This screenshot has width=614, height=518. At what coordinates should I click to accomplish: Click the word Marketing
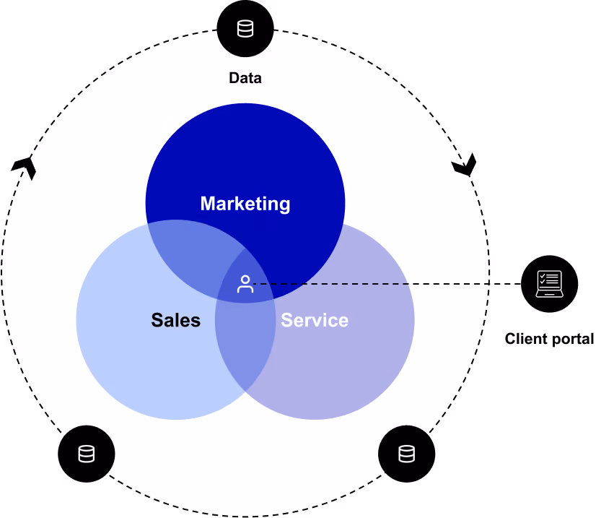(x=245, y=204)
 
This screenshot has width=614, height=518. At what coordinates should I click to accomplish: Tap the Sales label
(x=176, y=320)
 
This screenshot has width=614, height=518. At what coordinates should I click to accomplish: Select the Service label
(x=315, y=320)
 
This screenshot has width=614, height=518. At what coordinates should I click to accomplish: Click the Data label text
(x=245, y=77)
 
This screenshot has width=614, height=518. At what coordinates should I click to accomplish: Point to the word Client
(x=525, y=338)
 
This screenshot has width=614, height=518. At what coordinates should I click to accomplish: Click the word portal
(x=571, y=339)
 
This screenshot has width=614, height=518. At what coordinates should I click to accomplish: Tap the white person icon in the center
(x=245, y=285)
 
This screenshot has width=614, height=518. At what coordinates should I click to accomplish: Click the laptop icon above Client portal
(x=549, y=283)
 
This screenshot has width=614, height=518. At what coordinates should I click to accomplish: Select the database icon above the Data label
(x=245, y=29)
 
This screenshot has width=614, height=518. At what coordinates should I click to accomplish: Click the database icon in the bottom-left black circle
(x=87, y=454)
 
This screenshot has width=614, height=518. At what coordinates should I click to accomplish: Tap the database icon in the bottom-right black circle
(x=406, y=454)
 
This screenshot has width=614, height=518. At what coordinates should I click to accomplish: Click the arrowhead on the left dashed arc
(x=25, y=167)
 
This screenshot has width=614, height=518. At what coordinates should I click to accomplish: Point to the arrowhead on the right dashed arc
(x=465, y=165)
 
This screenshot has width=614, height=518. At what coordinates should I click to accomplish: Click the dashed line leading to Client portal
(x=387, y=283)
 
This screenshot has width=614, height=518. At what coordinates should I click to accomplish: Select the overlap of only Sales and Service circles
(x=245, y=345)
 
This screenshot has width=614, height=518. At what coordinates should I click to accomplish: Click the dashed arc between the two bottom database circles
(x=245, y=516)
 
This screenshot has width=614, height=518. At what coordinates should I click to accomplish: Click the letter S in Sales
(x=157, y=320)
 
